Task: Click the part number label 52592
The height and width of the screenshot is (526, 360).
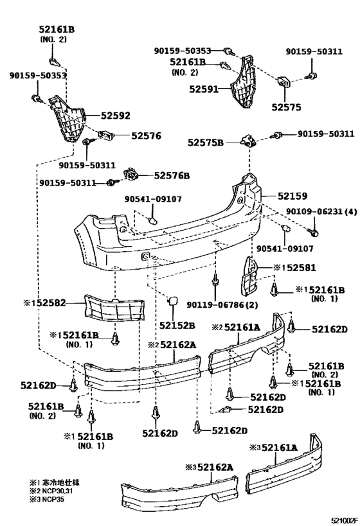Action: click(x=116, y=116)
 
